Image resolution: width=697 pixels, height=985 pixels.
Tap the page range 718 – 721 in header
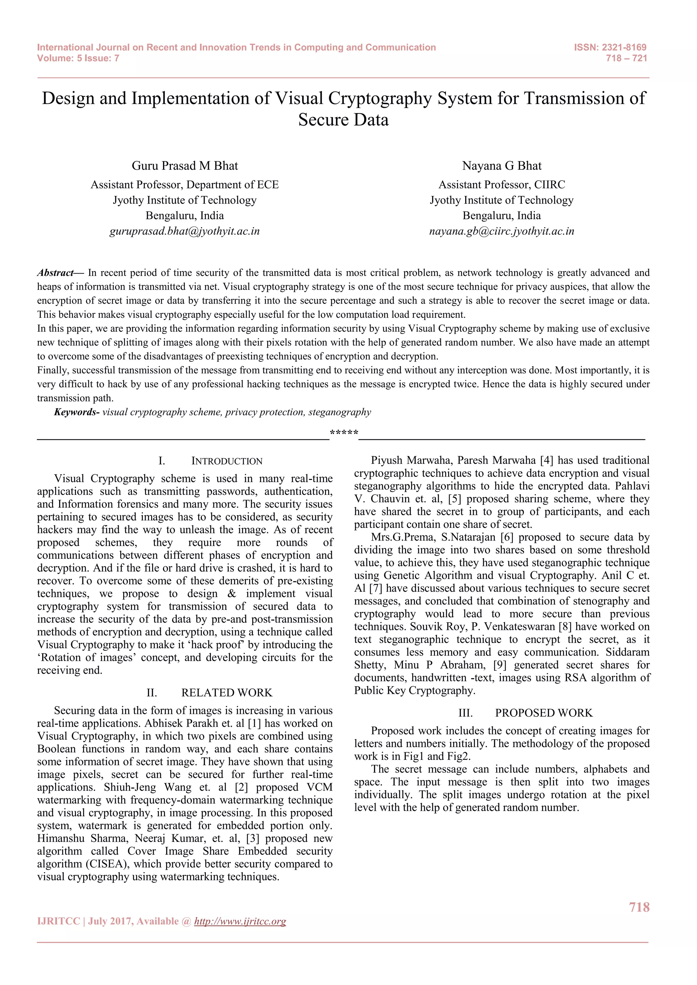coord(626,59)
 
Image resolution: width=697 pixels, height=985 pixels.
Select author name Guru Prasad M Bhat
coord(184,166)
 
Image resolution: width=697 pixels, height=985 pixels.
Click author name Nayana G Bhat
coord(502,166)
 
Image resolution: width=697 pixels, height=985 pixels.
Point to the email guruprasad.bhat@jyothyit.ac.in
coord(184,231)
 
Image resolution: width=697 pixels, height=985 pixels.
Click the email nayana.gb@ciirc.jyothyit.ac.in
coord(502,231)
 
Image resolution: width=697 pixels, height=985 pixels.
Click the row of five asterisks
coord(344,432)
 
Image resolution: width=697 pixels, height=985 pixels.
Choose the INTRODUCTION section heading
coord(227,461)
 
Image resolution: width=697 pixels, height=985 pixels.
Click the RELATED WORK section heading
coord(227,693)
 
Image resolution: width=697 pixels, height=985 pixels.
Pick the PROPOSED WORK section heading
coord(544,713)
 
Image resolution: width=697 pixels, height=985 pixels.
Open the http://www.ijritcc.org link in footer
coord(240,921)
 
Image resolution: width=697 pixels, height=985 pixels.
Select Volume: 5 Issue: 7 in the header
coord(78,59)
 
